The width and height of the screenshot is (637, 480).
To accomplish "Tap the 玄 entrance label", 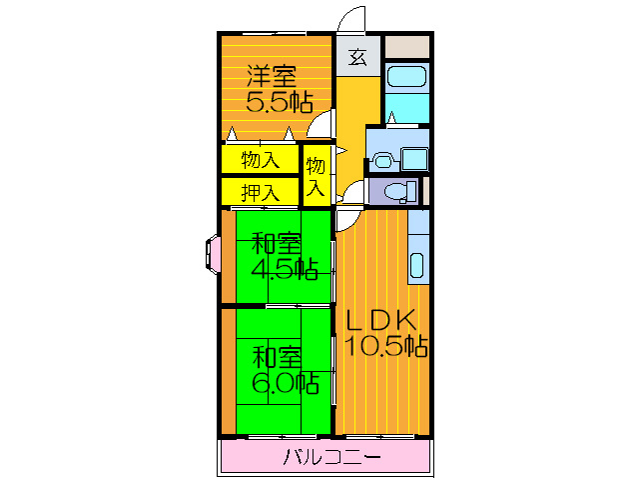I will [x=357, y=57].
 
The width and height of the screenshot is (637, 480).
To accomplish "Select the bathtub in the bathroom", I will [x=405, y=78].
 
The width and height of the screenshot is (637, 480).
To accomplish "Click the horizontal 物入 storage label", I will [x=261, y=159].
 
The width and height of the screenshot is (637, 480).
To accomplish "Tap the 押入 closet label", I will [x=261, y=191].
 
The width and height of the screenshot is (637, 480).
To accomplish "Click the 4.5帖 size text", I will [x=283, y=269].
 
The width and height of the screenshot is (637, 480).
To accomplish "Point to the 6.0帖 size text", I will [x=283, y=382].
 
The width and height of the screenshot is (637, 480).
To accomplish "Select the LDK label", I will [x=380, y=319].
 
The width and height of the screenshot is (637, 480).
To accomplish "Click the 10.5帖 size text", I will [x=386, y=346].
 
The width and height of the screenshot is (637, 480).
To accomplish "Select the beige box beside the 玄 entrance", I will [x=407, y=47].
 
